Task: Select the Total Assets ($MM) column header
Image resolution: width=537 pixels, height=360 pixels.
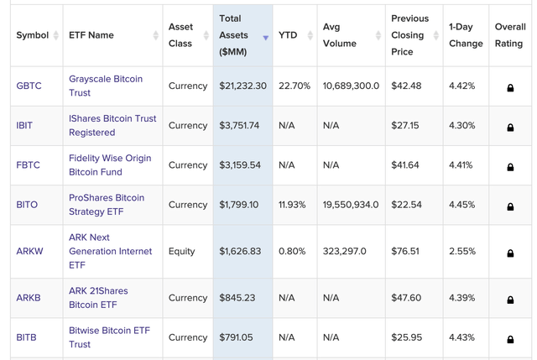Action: pyautogui.click(x=236, y=35)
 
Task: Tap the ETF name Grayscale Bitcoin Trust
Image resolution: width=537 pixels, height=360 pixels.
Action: pyautogui.click(x=106, y=86)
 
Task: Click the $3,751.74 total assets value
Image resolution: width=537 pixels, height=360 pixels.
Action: pyautogui.click(x=239, y=125)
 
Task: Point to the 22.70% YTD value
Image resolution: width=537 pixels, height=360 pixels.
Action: pyautogui.click(x=294, y=86)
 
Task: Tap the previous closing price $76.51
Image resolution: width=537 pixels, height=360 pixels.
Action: pyautogui.click(x=405, y=251)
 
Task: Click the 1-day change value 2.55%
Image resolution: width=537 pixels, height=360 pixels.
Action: pyautogui.click(x=461, y=251)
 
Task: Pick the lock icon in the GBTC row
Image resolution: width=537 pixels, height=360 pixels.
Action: pyautogui.click(x=510, y=86)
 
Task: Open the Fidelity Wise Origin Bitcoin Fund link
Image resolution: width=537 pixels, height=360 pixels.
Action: pyautogui.click(x=110, y=164)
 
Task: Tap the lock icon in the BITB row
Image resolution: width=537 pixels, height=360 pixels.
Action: pyautogui.click(x=510, y=338)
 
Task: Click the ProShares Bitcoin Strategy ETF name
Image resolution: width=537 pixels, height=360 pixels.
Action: pyautogui.click(x=107, y=205)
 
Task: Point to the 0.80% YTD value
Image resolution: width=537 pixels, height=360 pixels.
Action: pyautogui.click(x=292, y=251)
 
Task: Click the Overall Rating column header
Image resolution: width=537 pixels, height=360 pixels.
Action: pyautogui.click(x=509, y=35)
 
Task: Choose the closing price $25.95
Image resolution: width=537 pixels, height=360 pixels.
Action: pyautogui.click(x=405, y=337)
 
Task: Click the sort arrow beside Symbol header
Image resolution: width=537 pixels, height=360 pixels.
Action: pyautogui.click(x=56, y=35)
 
